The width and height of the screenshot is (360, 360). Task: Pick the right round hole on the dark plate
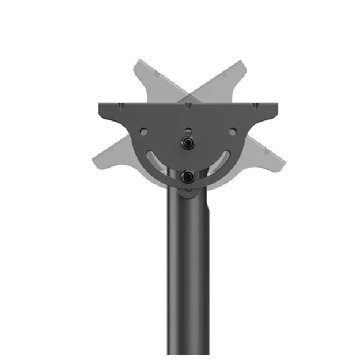tap(232, 132)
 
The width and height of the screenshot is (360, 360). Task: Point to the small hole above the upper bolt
tap(188, 130)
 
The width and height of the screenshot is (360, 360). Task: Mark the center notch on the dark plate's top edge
tap(188, 105)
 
